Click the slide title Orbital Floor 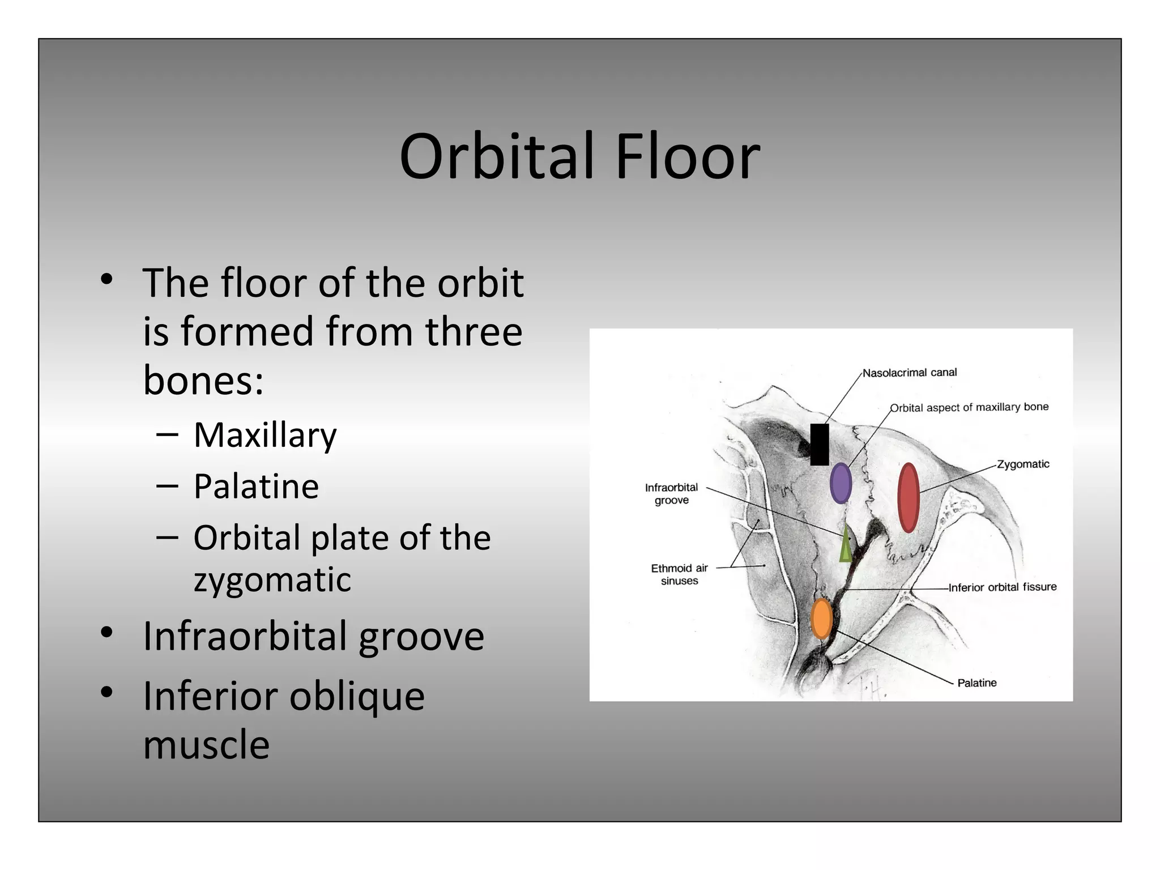pos(579,156)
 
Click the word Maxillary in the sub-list pos(265,435)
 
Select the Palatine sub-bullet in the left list pos(256,486)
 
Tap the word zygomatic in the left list pos(272,579)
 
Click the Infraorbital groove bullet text pos(313,636)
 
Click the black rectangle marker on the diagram pos(819,445)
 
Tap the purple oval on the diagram pos(841,483)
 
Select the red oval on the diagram pos(909,497)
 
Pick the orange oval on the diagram pos(821,619)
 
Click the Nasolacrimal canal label pos(910,373)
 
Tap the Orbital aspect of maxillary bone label pos(969,407)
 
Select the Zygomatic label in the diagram pos(1023,464)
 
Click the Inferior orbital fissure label pos(1003,587)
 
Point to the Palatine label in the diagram pos(976,683)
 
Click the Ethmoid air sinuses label pos(679,574)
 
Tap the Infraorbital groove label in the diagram pos(671,494)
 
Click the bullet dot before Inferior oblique pos(106,692)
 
